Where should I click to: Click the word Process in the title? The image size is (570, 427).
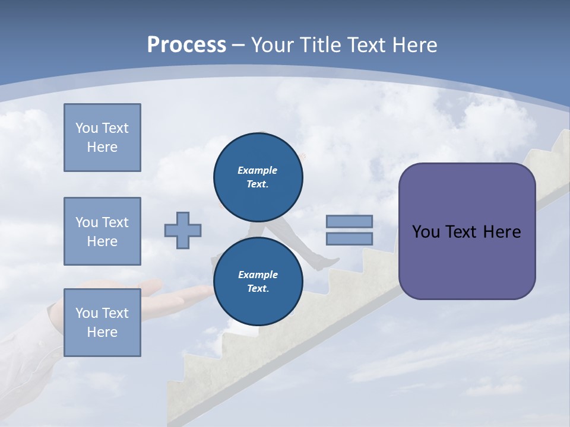(186, 44)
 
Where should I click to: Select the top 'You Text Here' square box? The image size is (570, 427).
(102, 138)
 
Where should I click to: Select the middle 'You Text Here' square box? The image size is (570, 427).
(102, 231)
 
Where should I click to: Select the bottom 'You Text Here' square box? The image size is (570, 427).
(102, 323)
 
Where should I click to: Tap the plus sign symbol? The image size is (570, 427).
(183, 230)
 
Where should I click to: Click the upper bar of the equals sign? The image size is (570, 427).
(349, 221)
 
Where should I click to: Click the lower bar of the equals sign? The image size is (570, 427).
(349, 238)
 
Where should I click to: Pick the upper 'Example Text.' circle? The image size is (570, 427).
(258, 177)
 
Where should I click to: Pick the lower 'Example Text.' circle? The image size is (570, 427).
(258, 281)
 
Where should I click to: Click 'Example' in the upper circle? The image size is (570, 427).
(257, 170)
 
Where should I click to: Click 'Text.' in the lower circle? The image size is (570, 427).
(258, 288)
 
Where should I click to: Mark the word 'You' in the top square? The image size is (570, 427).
(86, 128)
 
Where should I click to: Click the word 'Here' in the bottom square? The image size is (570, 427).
(102, 332)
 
